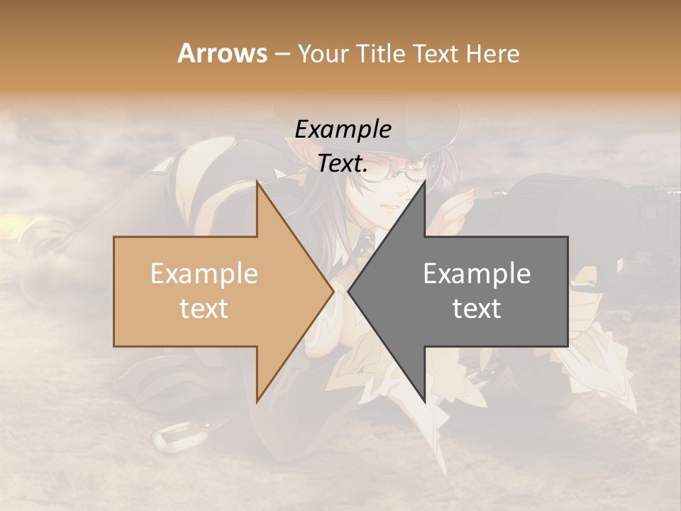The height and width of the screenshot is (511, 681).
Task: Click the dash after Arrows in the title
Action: coord(282,55)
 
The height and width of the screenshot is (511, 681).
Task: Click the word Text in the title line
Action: coord(437,54)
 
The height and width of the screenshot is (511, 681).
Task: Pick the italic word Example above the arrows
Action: coord(343,130)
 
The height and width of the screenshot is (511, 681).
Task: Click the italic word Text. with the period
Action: coord(343,164)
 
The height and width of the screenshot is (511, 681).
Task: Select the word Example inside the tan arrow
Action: coord(204,274)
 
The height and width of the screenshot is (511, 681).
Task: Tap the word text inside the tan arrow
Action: coord(204,309)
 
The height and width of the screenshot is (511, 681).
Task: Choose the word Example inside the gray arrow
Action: coord(477,274)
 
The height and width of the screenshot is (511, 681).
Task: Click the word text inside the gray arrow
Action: coord(477,309)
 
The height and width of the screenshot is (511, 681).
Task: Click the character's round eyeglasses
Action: coord(387,171)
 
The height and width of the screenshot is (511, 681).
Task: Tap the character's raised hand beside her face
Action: coord(458,206)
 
